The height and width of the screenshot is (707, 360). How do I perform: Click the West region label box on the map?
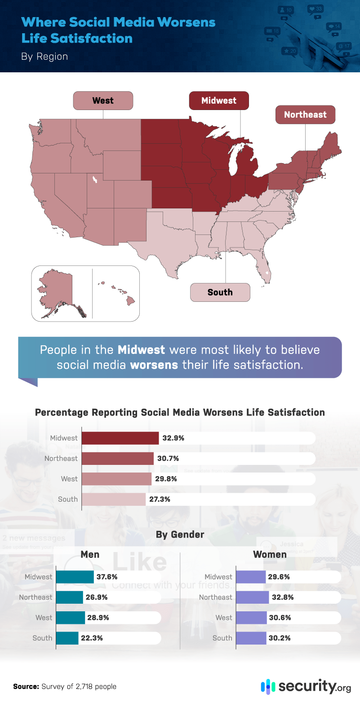(x=103, y=101)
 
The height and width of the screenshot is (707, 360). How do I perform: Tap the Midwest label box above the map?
(x=218, y=101)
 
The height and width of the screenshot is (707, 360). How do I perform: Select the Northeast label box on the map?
(x=305, y=115)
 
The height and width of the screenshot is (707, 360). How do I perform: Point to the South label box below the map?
(x=220, y=292)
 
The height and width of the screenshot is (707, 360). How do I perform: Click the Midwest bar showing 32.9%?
(x=120, y=438)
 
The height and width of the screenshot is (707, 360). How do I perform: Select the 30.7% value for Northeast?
(x=168, y=459)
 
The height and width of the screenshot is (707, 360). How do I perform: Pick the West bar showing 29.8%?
(x=116, y=479)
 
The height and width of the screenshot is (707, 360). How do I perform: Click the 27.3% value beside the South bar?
(x=160, y=499)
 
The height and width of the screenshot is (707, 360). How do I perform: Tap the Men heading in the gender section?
(x=90, y=554)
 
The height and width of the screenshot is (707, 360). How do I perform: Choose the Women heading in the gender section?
(x=270, y=554)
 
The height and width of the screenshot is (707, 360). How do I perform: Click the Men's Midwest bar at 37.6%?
(x=75, y=577)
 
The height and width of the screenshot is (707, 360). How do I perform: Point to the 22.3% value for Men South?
(x=92, y=638)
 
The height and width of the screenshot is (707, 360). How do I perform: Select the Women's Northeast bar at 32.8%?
(x=252, y=597)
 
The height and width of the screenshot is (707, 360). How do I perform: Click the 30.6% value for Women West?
(x=280, y=618)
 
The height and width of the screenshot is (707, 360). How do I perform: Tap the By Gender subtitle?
(x=180, y=535)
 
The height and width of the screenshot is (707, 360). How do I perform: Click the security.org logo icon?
(x=268, y=686)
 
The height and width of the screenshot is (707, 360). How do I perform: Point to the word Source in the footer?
(x=26, y=686)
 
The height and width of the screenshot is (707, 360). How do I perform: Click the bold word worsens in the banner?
(x=154, y=365)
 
